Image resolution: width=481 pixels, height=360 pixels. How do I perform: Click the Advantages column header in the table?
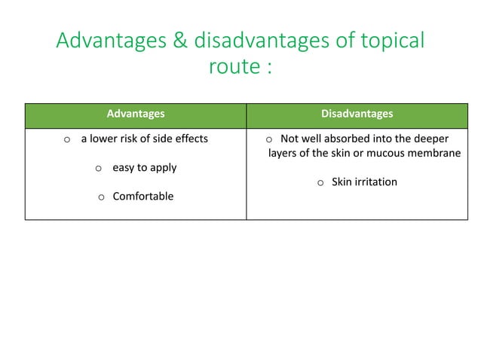click(135, 114)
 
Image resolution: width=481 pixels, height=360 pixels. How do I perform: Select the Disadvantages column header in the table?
click(357, 114)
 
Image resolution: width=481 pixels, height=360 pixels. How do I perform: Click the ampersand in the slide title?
click(180, 41)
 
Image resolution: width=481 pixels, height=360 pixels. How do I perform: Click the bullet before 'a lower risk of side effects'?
click(67, 139)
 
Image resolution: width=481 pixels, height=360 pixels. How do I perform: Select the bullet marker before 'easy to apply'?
click(98, 168)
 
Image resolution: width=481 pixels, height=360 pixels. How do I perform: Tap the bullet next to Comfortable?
click(101, 197)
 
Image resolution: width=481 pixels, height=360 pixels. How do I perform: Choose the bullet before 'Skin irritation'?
click(320, 182)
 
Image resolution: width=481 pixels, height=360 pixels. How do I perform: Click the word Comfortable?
click(142, 196)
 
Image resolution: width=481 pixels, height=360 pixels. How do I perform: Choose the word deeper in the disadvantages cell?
click(430, 139)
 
